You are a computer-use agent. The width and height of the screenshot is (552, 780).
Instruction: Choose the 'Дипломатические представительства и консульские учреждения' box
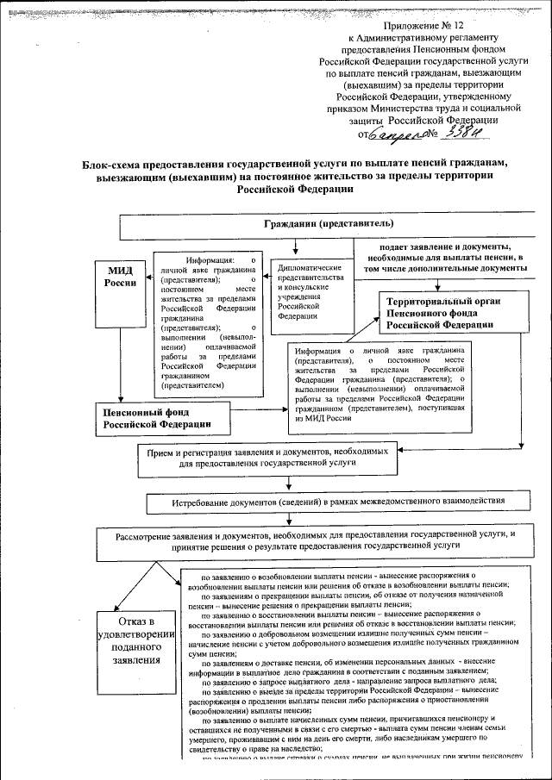[x=310, y=293]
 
